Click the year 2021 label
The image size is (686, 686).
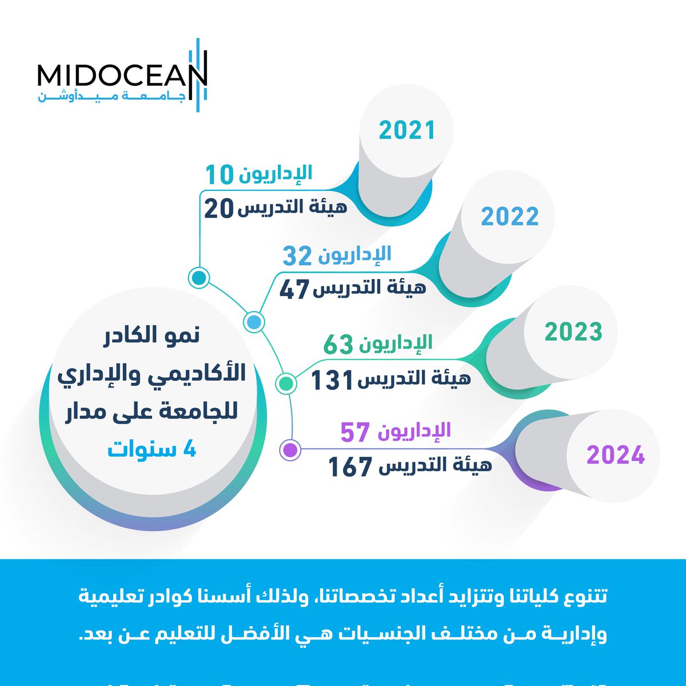pyautogui.click(x=407, y=130)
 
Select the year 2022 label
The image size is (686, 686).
pyautogui.click(x=510, y=217)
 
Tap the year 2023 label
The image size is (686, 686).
pyautogui.click(x=573, y=332)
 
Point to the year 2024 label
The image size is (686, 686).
pyautogui.click(x=616, y=456)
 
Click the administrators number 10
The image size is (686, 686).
pyautogui.click(x=220, y=174)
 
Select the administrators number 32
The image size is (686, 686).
pyautogui.click(x=297, y=257)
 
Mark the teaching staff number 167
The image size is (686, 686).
pyautogui.click(x=350, y=467)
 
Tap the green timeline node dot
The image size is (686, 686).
pyautogui.click(x=285, y=383)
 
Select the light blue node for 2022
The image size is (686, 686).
pyautogui.click(x=254, y=322)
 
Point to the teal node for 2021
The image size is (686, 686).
pyautogui.click(x=198, y=278)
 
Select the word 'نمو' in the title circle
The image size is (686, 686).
pyautogui.click(x=181, y=336)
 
